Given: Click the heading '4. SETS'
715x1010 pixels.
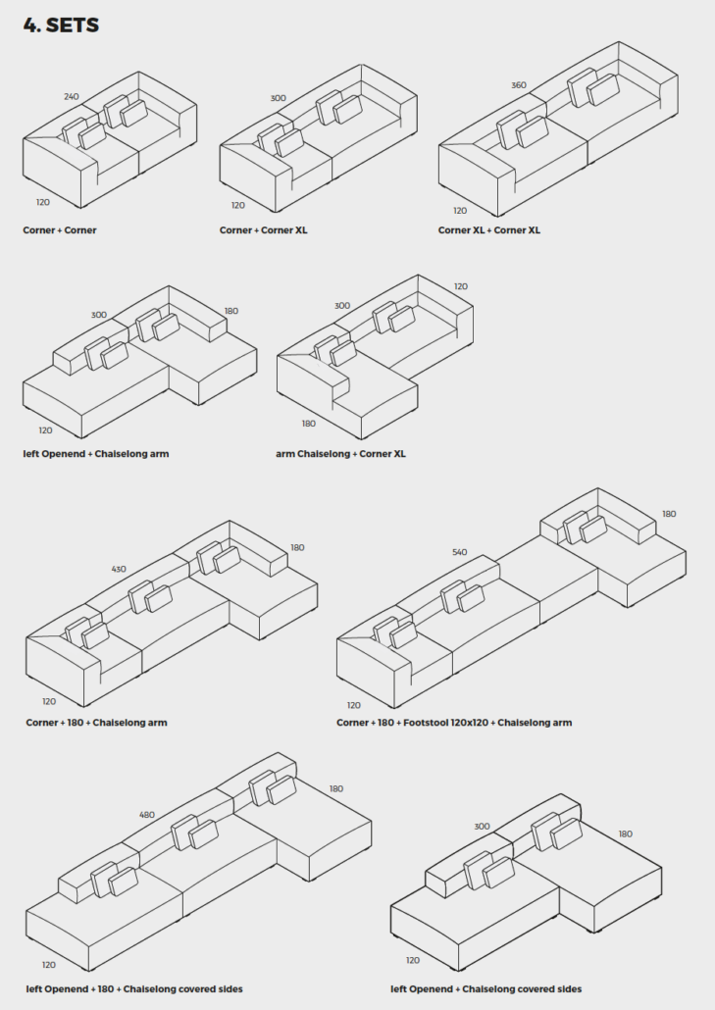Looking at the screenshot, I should [x=61, y=25].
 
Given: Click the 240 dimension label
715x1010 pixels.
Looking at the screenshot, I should [x=72, y=97].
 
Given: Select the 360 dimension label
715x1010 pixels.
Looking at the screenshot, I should [x=519, y=85].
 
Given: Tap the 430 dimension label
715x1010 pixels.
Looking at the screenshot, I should [x=119, y=570].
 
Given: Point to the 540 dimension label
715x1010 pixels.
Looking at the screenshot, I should [x=459, y=552].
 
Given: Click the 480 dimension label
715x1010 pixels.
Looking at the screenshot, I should [x=147, y=815].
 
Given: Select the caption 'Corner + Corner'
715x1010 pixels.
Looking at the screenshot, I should [x=60, y=230].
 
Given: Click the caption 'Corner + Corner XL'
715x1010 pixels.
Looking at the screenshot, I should [x=264, y=230].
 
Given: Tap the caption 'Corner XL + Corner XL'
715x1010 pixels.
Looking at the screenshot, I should [x=489, y=230].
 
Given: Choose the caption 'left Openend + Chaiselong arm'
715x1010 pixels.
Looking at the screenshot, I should [x=96, y=454].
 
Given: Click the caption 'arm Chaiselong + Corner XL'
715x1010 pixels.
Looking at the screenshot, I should [x=340, y=454].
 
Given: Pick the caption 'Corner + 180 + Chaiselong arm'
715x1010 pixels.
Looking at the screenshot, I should [x=96, y=723].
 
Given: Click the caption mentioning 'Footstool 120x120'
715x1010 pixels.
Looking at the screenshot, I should [x=454, y=723].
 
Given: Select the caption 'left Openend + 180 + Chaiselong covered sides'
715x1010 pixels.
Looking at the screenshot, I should [x=134, y=989].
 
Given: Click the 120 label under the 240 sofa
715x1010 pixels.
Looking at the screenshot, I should [x=43, y=203].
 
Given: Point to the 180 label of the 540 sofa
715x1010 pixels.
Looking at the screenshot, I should [x=669, y=514].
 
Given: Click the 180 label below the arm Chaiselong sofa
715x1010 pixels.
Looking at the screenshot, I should [x=309, y=424].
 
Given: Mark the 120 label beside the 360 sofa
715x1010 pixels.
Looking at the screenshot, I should [x=460, y=211].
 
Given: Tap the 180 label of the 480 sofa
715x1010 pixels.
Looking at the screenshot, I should [x=336, y=788].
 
